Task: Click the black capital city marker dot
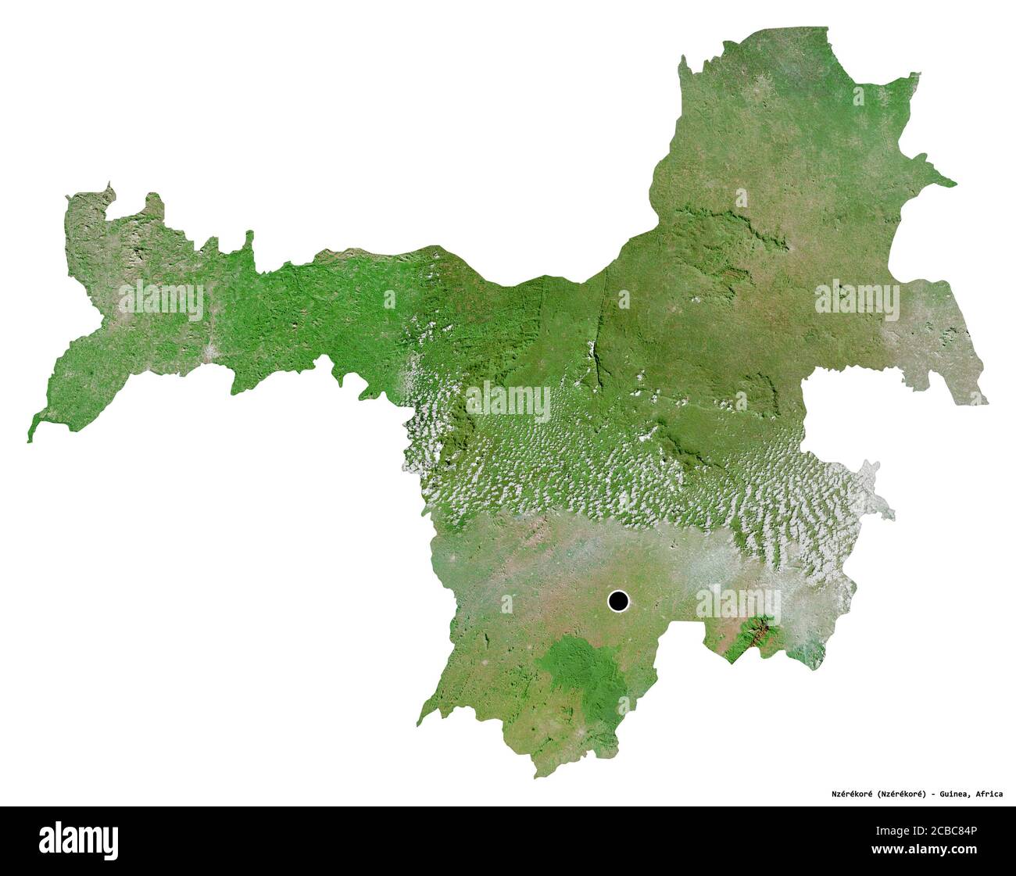click(x=618, y=601)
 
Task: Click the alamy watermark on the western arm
click(x=161, y=299)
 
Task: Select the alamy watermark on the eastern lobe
click(x=857, y=299)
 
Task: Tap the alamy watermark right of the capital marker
click(x=737, y=602)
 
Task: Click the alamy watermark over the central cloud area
click(x=508, y=401)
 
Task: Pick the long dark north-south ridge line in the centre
click(x=598, y=359)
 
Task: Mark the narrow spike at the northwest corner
click(x=109, y=188)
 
